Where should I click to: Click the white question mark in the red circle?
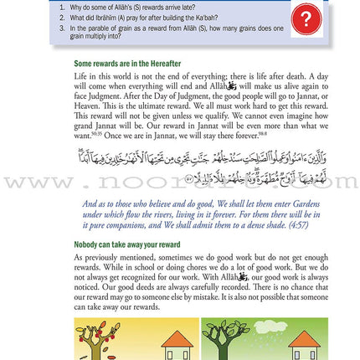click(307, 18)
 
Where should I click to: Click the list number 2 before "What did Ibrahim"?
click(61, 18)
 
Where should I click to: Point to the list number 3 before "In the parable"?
click(61, 28)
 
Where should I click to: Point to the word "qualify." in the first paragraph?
click(200, 116)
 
